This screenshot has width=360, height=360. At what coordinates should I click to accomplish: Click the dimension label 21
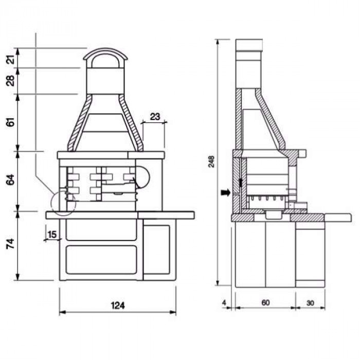[11, 58]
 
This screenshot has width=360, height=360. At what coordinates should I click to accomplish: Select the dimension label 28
[11, 81]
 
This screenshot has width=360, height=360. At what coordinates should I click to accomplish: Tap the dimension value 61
[11, 122]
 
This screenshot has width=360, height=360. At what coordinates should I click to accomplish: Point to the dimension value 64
[11, 179]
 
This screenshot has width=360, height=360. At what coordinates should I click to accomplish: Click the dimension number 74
[11, 244]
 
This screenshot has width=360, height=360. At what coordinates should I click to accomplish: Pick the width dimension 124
[118, 305]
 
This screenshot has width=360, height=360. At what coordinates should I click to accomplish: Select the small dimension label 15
[52, 235]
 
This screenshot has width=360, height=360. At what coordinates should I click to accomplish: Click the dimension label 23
[155, 117]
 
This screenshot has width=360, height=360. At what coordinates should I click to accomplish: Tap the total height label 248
[211, 161]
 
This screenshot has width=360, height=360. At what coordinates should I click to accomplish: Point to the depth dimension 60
[265, 303]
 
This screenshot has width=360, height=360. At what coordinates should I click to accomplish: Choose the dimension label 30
[310, 303]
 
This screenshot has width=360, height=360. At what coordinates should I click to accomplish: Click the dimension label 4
[224, 303]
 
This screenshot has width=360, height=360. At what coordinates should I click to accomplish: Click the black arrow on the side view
[225, 193]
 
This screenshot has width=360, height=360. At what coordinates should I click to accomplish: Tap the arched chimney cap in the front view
[105, 49]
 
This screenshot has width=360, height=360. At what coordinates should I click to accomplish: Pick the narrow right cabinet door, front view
[157, 249]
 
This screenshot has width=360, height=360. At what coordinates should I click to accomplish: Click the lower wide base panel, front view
[101, 260]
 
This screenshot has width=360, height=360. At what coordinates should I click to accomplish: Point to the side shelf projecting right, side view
[338, 218]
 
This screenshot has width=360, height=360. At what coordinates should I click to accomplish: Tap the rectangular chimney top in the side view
[249, 45]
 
